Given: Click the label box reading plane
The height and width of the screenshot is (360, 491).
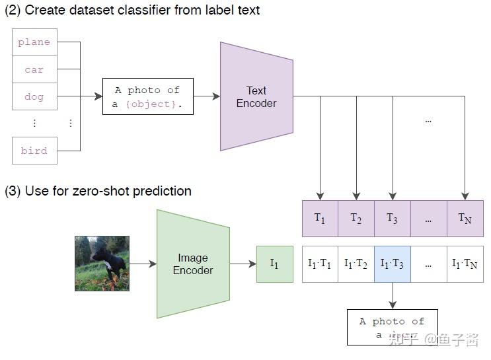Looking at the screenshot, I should coord(34,42).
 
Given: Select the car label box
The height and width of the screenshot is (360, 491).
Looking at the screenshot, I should coord(34,69).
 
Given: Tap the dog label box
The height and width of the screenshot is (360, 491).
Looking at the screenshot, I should coord(34,96).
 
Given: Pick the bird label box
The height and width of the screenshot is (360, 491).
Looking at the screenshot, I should coord(34,151).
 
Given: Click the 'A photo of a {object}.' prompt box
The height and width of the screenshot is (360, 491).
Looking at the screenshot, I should coord(147,96).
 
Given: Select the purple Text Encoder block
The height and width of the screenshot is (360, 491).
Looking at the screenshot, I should coord(256,96).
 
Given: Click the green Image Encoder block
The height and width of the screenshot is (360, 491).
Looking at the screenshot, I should coord(193,264).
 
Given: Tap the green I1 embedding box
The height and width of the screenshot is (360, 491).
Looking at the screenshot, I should coord(274,264).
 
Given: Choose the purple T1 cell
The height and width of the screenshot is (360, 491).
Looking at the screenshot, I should coord(320,219).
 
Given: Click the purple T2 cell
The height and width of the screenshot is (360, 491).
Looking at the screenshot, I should coord(356,219).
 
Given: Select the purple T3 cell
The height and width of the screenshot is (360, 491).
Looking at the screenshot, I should coord(393,219).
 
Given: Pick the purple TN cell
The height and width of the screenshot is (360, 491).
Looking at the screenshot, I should coord(465,219).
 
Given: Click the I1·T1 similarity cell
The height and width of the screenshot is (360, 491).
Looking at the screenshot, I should coord(320,264).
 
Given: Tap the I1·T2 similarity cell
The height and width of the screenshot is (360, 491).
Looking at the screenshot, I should coord(356,264).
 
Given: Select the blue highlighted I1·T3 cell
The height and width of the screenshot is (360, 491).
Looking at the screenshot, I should coord(393,264).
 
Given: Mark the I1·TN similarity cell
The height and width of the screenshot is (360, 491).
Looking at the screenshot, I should coord(465,264).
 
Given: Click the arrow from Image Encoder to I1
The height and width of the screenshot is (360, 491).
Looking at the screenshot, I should coord(243,264).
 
